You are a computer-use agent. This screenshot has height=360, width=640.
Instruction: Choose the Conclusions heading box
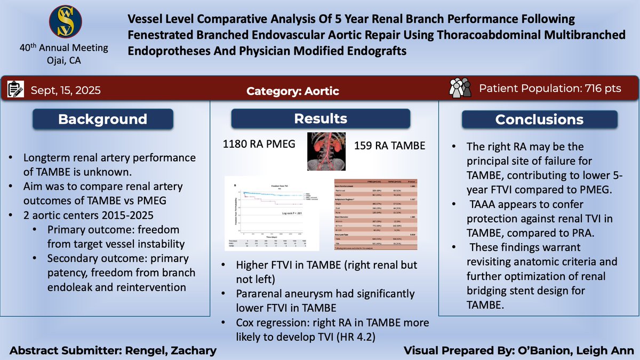pos(539,119)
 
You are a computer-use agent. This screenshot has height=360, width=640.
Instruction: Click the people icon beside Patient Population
pos(461,89)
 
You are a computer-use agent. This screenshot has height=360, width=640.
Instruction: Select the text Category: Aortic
pos(293,91)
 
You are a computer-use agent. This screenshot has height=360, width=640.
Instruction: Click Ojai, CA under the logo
pos(63,59)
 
